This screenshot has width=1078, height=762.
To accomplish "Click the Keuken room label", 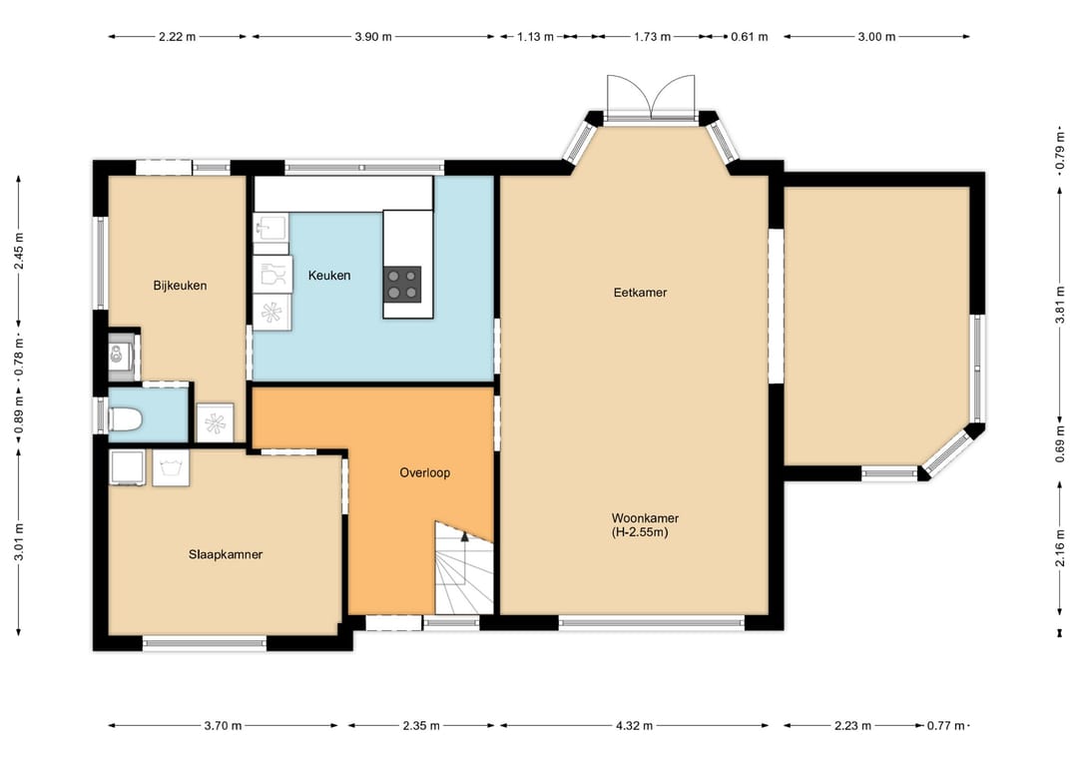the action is coord(329,275).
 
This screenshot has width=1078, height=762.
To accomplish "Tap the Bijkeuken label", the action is coord(180,286).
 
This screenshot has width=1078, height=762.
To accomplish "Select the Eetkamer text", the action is coord(640,293).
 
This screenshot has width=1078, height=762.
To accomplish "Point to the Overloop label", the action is coord(425,472).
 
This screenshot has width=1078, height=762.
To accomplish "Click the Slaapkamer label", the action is coord(226,554).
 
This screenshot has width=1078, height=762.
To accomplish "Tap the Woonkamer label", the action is coord(645,518).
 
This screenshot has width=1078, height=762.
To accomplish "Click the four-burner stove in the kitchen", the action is coord(402,284).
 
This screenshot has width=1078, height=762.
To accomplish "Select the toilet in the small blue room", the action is coord(125,418).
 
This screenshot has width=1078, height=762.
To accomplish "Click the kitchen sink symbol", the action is coord(270,227).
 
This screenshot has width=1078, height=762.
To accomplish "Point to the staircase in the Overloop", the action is coord(464,567).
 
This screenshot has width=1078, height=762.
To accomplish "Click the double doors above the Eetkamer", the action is coord(651,97).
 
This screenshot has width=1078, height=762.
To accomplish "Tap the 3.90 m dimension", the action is coord(373,36).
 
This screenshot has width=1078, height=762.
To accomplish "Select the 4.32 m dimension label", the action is coord(634,725).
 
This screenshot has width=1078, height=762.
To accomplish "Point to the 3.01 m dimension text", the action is coord(19,542).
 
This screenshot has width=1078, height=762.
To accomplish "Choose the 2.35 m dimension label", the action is coord(421,725).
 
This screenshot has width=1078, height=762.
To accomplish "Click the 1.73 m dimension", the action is coord(652,36).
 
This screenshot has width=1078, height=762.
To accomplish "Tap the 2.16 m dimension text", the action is coord(1059,546).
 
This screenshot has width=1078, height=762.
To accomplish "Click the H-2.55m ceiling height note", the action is coord(640,531).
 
